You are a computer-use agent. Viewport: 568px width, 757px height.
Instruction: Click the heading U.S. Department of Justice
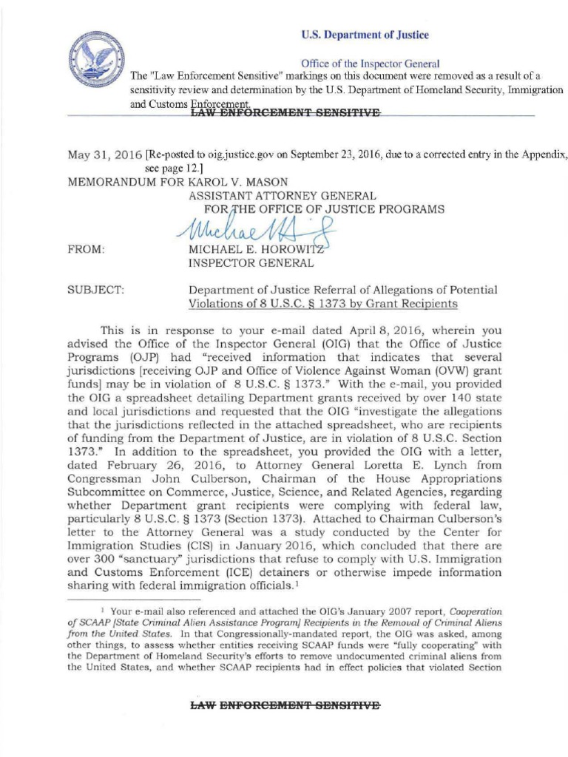pos(364,35)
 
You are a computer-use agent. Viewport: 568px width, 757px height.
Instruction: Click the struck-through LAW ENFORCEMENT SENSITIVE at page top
pos(285,113)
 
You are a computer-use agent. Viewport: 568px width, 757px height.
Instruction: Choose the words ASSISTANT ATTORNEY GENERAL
pos(284,195)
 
